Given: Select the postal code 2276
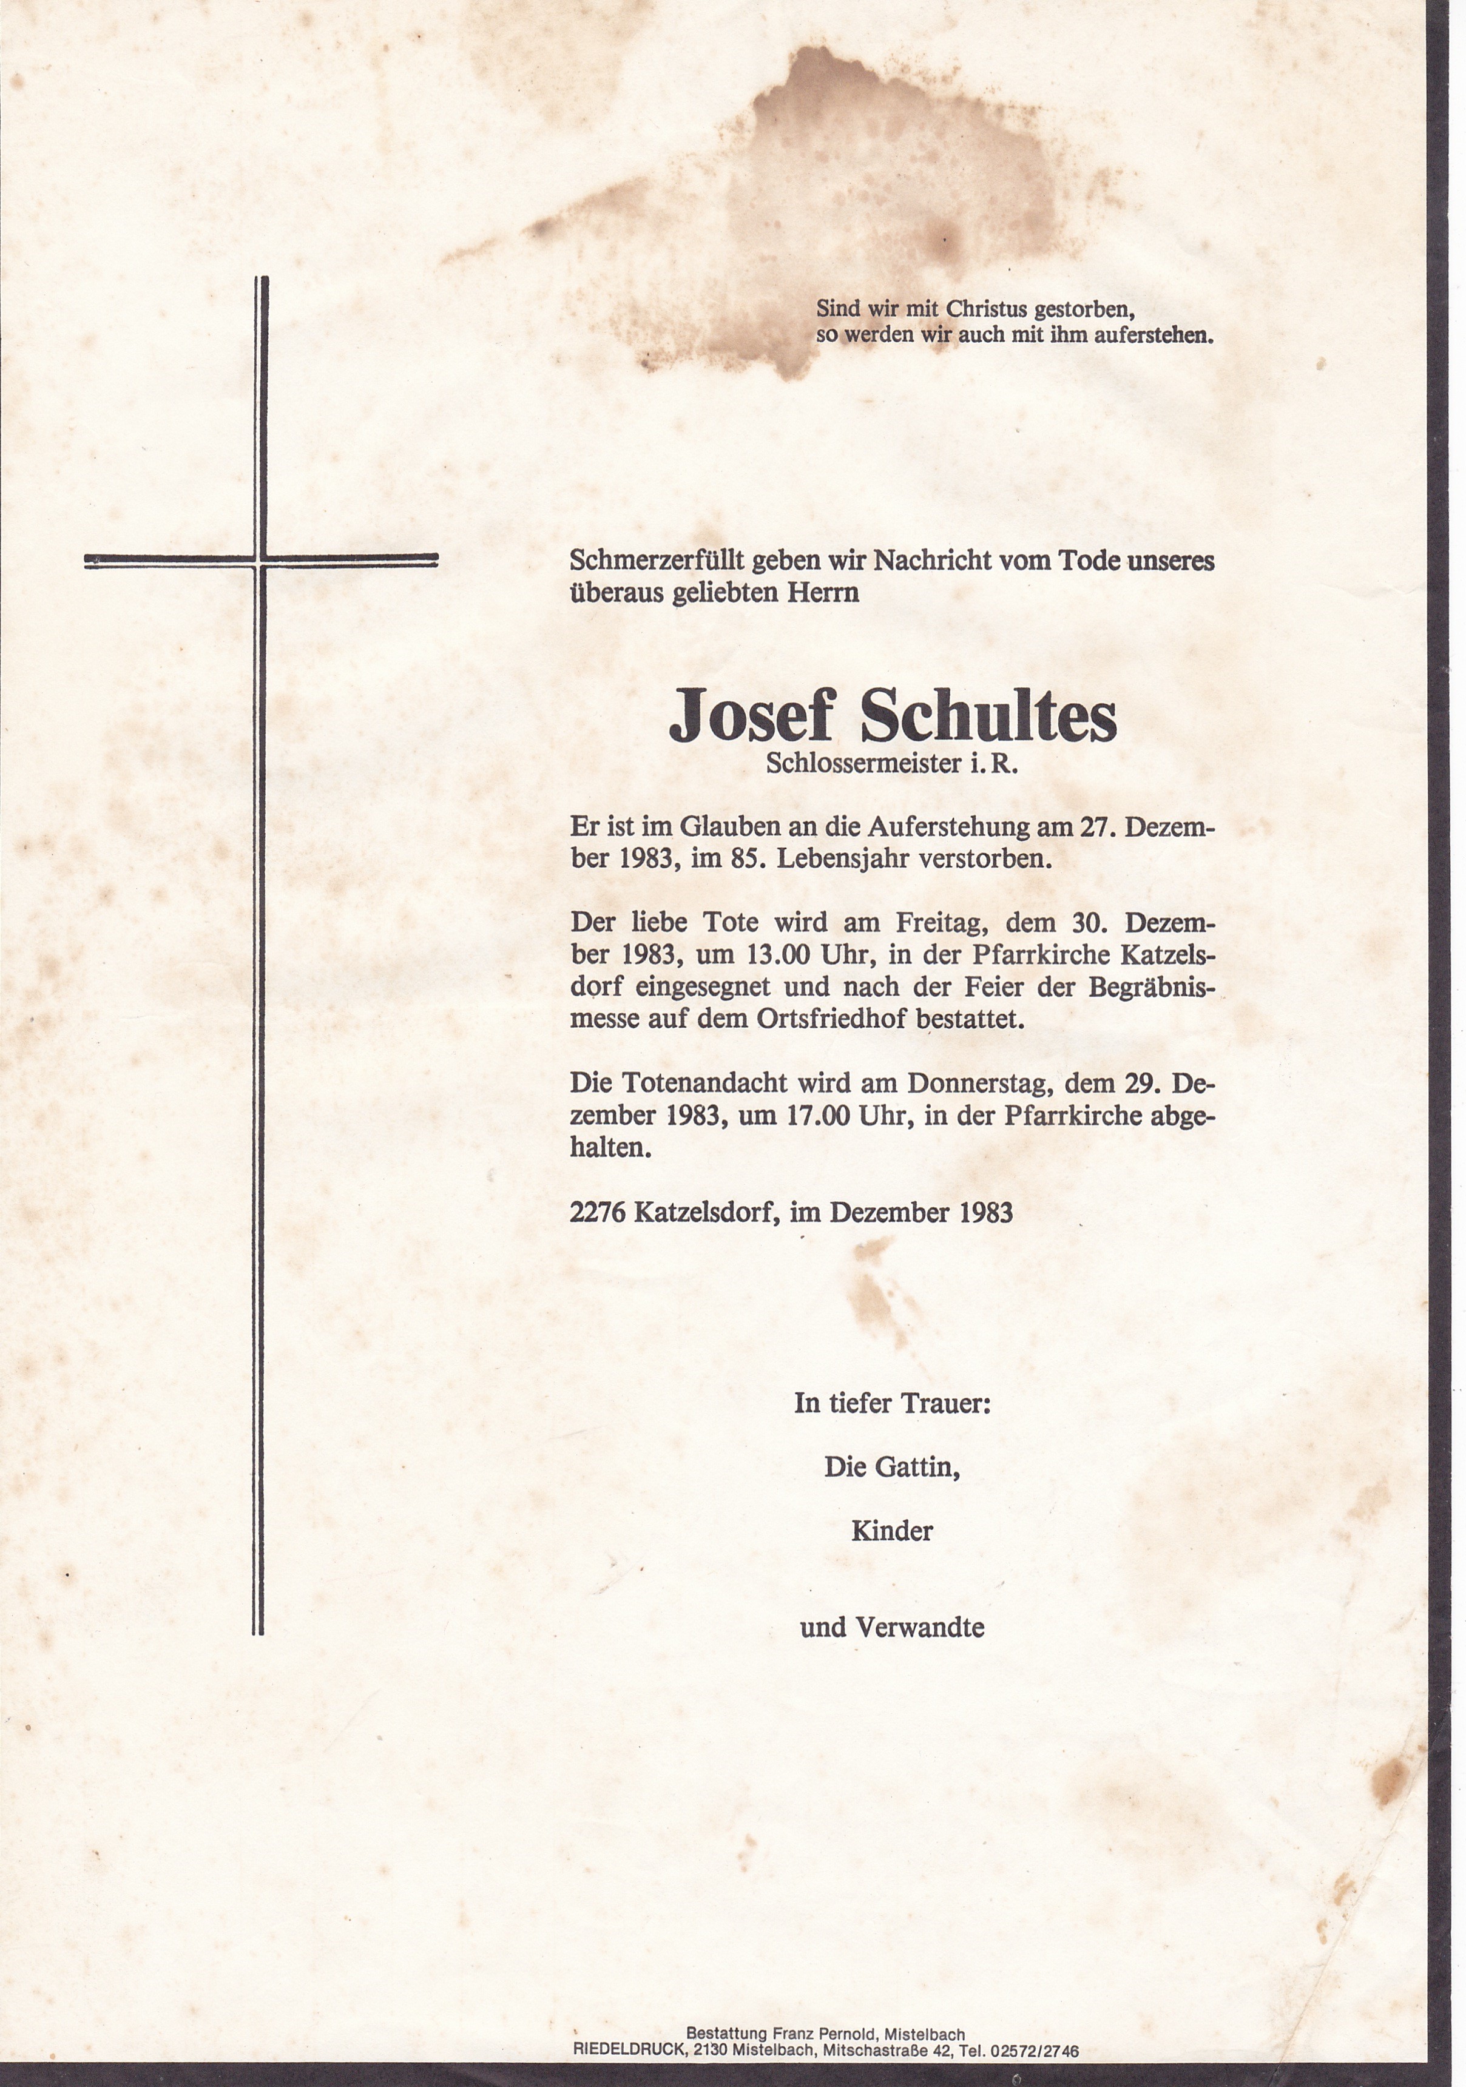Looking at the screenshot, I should (598, 1213).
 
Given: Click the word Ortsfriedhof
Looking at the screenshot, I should (831, 1020).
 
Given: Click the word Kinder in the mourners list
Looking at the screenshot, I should (891, 1532).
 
